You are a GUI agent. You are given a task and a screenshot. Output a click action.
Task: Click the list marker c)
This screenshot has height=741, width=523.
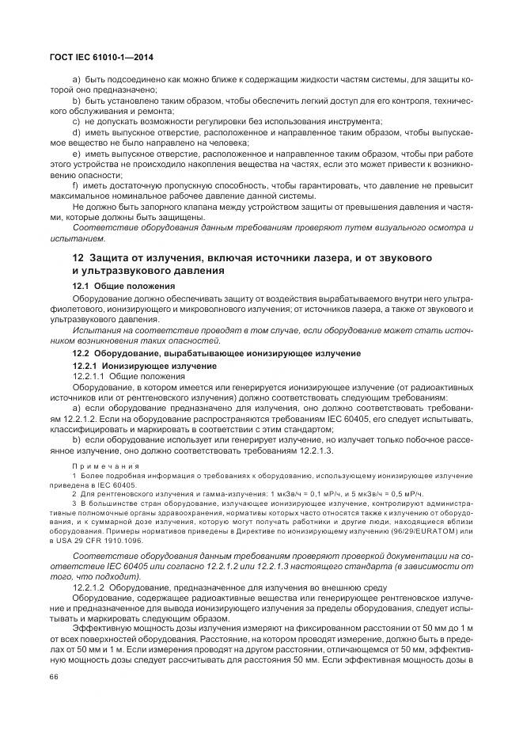[x=76, y=121]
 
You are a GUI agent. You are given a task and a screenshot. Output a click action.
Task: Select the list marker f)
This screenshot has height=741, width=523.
[x=76, y=185]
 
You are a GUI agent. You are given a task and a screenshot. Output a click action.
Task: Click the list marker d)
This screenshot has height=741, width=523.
[x=76, y=131]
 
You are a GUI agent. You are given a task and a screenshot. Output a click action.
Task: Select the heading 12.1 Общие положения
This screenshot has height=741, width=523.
[x=123, y=285]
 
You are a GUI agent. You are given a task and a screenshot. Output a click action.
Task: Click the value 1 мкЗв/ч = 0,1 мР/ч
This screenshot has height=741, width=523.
[x=286, y=492]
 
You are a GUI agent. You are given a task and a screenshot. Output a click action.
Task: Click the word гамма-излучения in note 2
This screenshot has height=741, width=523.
[x=192, y=492]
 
